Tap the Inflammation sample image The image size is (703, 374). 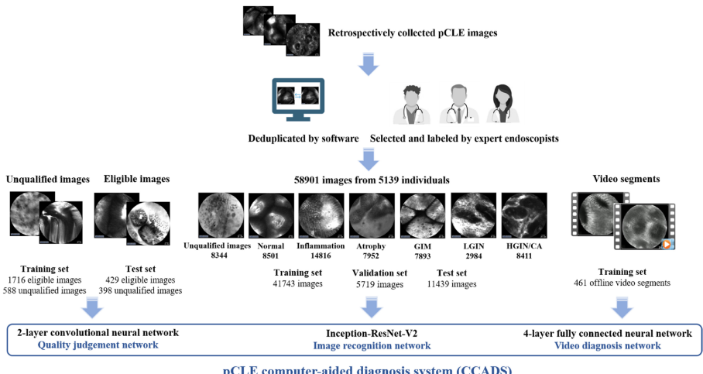[x=321, y=215]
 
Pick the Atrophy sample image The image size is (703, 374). [x=372, y=215]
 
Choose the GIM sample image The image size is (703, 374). [x=423, y=215]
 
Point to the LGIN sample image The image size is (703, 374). [x=473, y=215]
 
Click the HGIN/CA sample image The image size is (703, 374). [x=524, y=215]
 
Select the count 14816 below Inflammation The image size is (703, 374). [x=321, y=255]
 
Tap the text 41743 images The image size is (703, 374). [x=297, y=284]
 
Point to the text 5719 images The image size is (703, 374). [x=379, y=284]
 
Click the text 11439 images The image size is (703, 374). [x=452, y=284]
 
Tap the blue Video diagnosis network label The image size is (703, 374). [x=608, y=345]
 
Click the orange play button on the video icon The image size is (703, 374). [x=667, y=244]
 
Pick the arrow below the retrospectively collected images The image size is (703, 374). [x=369, y=64]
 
